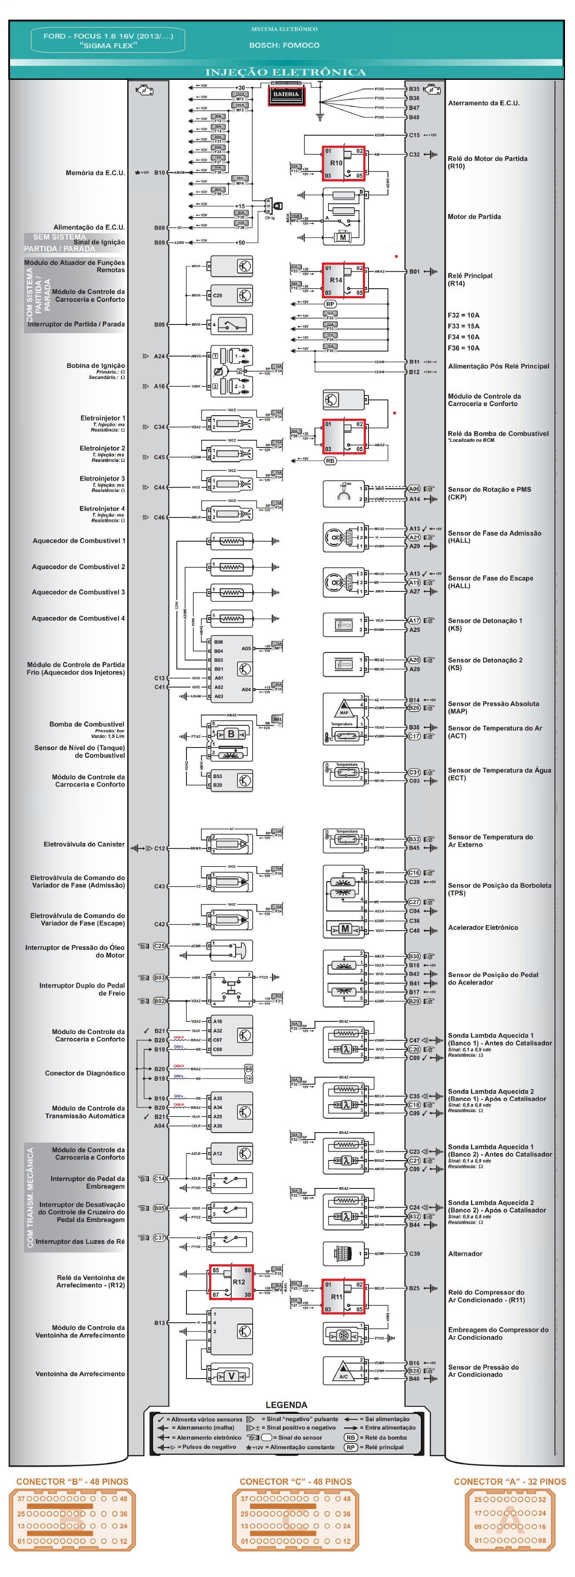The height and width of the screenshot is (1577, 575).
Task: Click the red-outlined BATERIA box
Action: click(286, 95)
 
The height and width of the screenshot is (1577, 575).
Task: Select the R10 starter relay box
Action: click(344, 164)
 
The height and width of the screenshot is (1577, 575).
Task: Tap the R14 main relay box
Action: click(344, 280)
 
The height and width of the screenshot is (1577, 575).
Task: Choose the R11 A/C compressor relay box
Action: click(343, 1296)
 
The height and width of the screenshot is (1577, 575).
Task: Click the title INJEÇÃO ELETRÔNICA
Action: click(286, 72)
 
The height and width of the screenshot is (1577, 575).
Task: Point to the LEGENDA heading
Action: click(286, 1405)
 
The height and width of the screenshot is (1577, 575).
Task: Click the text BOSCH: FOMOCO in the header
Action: click(284, 45)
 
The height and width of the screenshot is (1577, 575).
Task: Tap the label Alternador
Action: click(465, 1254)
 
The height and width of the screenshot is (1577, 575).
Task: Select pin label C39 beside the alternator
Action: click(414, 1254)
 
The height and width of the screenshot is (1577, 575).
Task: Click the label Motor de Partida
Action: click(474, 217)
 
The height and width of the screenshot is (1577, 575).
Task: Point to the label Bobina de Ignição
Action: click(95, 365)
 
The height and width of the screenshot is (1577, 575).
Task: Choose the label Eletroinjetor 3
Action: click(102, 479)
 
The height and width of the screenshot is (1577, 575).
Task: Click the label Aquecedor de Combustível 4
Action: click(78, 618)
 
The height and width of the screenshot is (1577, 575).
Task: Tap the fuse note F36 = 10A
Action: click(463, 348)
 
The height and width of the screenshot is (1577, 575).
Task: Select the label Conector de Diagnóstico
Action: click(85, 1073)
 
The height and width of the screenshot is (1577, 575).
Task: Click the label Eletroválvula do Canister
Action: click(84, 844)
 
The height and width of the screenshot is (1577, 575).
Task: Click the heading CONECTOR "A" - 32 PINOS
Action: click(510, 1481)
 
